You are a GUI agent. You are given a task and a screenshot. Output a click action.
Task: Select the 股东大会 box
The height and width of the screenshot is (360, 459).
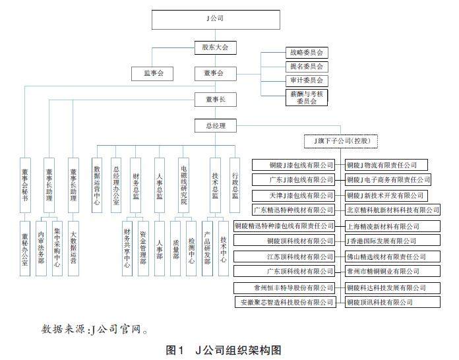215,47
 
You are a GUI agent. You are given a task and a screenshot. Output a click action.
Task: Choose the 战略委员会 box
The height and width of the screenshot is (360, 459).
305,52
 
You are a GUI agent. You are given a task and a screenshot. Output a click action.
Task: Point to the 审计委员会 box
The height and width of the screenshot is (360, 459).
305,80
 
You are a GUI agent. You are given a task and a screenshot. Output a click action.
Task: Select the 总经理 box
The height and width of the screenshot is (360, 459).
215,124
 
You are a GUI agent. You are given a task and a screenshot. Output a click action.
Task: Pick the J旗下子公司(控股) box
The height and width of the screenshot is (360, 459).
338,141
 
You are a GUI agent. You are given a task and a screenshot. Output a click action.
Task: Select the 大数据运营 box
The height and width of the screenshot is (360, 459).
73,247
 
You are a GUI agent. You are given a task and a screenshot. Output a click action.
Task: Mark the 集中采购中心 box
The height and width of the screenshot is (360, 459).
57,247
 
